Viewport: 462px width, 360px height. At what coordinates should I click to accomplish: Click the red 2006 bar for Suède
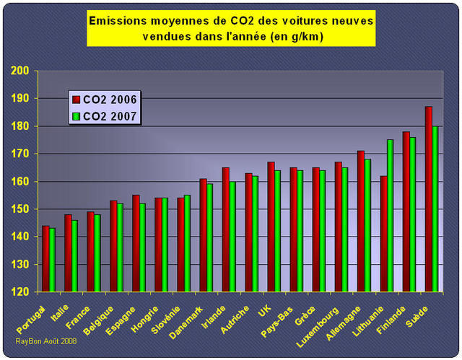click(x=428, y=199)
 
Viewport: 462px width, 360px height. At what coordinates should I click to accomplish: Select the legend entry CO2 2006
click(x=105, y=100)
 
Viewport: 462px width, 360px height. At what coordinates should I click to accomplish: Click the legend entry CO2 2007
click(x=105, y=115)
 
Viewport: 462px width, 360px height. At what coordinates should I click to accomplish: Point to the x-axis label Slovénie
click(x=170, y=314)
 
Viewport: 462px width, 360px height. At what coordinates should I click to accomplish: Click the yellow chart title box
click(x=231, y=28)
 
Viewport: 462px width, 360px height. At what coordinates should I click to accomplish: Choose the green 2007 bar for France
click(x=97, y=253)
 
